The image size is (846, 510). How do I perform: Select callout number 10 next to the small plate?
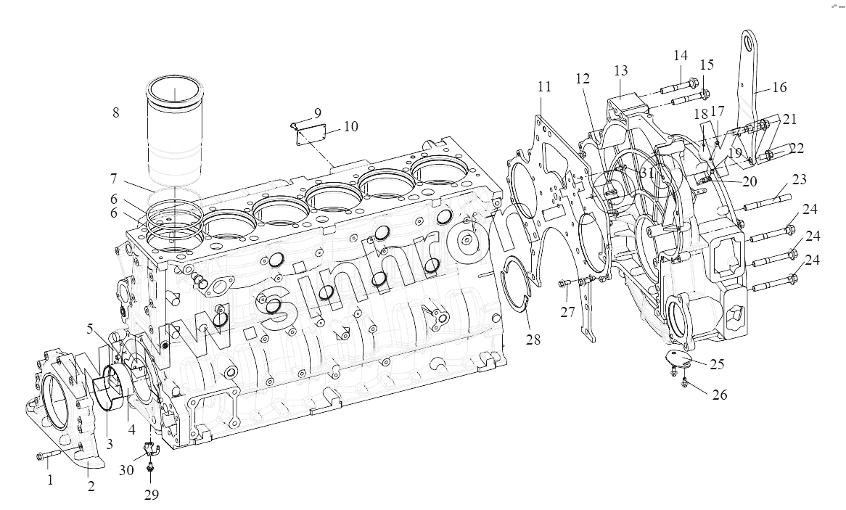[351, 127]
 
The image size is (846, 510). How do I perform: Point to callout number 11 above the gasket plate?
[544, 86]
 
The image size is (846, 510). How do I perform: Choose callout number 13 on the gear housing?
[620, 70]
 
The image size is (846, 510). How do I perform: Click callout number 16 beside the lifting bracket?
[779, 87]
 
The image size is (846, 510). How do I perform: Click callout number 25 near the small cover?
[716, 363]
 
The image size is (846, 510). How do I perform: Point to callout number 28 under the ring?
[534, 340]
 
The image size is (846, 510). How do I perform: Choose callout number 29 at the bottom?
[151, 495]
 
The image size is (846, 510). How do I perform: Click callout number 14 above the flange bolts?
[680, 56]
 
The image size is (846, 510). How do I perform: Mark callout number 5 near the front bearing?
[89, 328]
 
